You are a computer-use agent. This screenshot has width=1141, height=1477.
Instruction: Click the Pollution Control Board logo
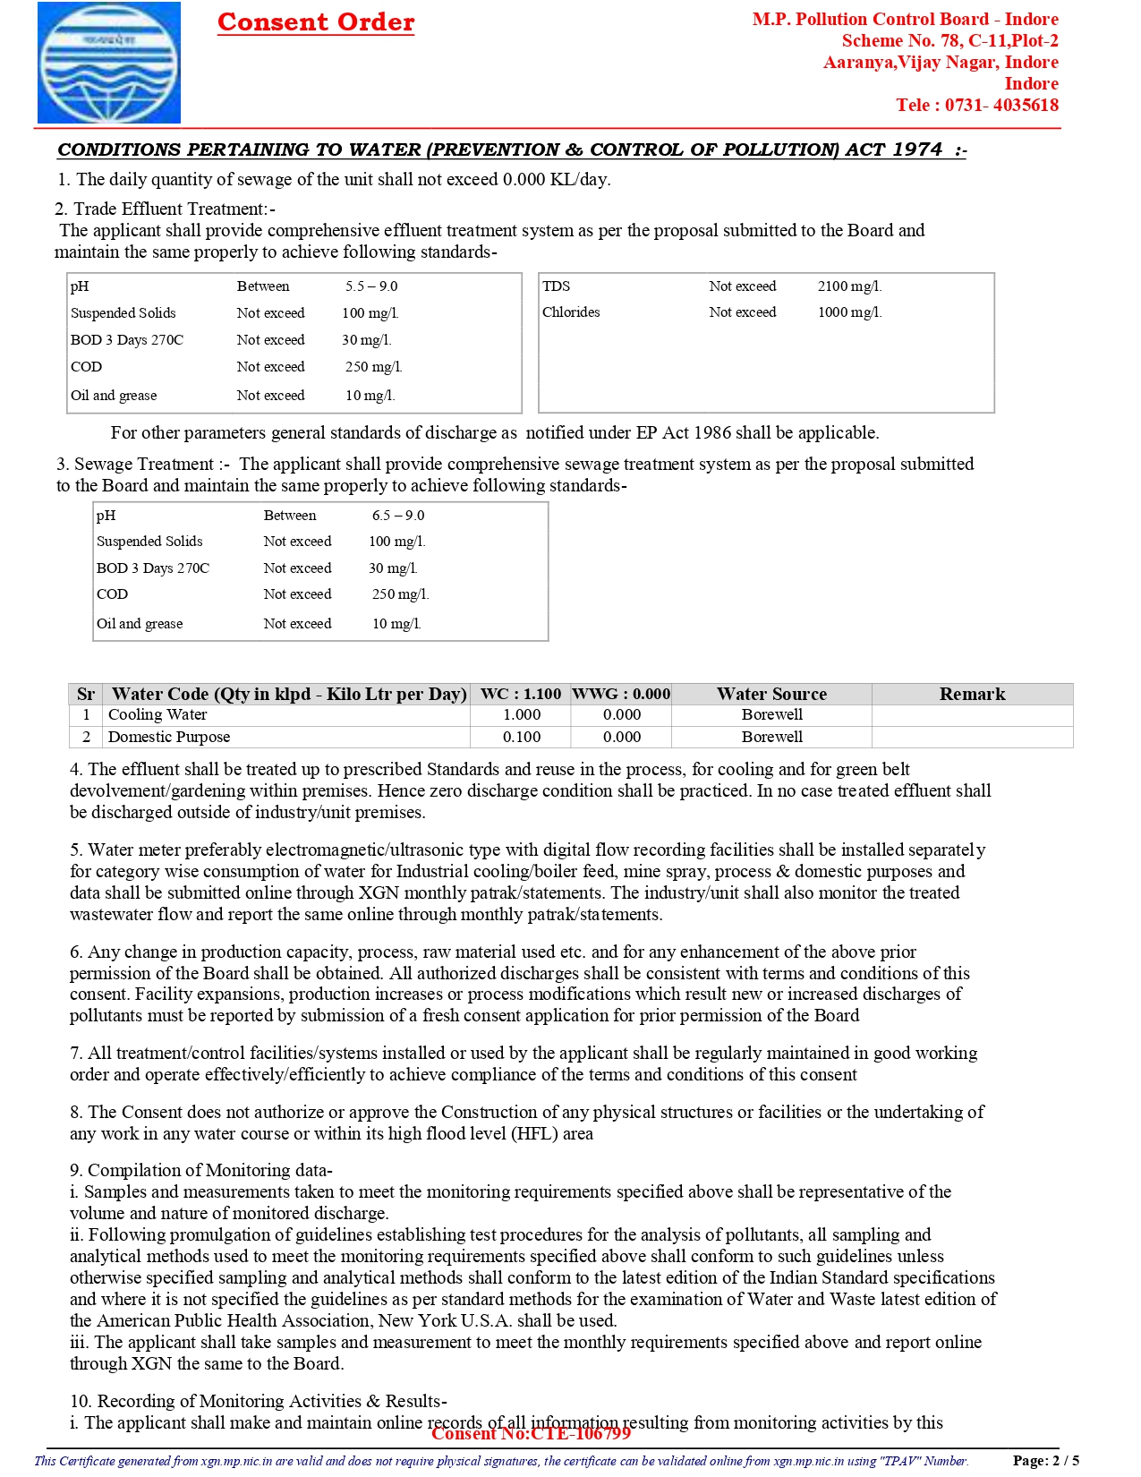point(108,63)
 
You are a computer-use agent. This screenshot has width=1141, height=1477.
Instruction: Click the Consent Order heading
point(316,21)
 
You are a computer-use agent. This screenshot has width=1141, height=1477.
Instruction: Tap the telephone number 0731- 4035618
point(1001,105)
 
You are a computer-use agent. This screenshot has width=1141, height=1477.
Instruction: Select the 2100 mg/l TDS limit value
point(848,286)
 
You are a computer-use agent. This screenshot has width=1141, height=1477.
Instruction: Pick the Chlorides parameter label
point(571,312)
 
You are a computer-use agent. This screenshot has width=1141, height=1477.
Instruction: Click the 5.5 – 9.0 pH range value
point(371,286)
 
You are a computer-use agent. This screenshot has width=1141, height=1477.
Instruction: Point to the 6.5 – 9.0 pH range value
point(398,516)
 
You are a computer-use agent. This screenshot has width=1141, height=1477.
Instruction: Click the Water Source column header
point(771,694)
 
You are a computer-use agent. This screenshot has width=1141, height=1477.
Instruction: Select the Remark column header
point(972,694)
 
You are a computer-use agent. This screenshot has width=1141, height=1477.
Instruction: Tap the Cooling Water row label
point(158,714)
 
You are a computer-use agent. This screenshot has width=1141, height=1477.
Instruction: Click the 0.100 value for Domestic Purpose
point(521,737)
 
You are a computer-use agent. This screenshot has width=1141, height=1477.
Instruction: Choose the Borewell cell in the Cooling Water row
point(771,714)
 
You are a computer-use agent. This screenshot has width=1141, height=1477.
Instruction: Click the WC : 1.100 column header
point(521,694)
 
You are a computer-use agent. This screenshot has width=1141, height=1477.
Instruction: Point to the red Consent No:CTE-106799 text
point(531,1433)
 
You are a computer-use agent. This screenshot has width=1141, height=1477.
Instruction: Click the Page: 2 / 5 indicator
point(1045,1460)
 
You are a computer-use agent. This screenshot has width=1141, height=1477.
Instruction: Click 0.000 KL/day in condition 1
point(556,179)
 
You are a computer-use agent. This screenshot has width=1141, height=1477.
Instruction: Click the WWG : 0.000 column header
point(621,694)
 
